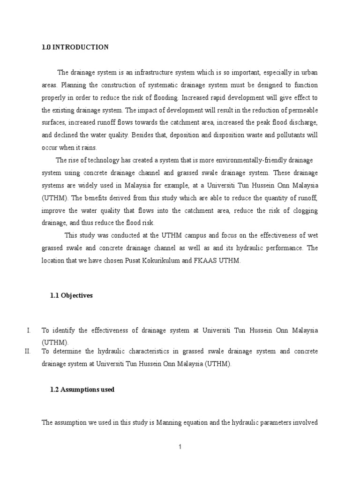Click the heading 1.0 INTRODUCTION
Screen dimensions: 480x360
point(75,47)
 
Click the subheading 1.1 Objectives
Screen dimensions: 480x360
point(71,296)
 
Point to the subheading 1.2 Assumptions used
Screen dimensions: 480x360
point(82,390)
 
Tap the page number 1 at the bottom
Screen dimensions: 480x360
point(180,447)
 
